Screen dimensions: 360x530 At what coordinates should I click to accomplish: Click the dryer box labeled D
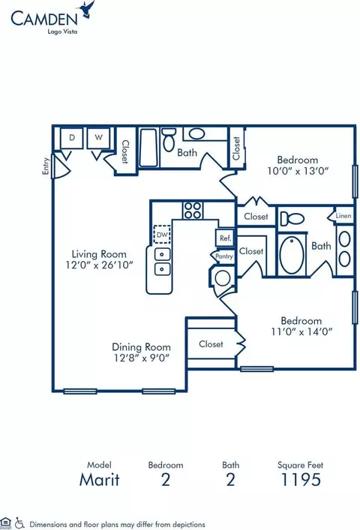click(x=72, y=138)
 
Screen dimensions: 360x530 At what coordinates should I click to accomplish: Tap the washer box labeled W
click(x=98, y=138)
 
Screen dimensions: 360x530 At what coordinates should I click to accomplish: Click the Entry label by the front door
click(x=46, y=166)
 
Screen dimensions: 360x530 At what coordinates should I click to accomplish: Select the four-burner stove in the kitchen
click(x=193, y=210)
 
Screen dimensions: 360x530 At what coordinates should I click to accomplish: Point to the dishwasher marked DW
click(x=162, y=234)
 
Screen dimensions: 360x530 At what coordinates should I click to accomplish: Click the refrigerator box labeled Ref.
click(x=225, y=238)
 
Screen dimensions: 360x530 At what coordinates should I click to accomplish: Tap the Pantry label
click(x=224, y=256)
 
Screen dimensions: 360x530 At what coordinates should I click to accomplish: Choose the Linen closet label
click(x=343, y=216)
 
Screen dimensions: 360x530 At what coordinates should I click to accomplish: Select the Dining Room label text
click(x=141, y=347)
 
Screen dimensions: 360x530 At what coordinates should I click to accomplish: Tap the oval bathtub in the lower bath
click(x=292, y=255)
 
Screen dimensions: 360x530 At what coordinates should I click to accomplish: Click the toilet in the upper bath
click(x=168, y=139)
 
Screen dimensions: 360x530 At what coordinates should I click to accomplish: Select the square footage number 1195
click(x=301, y=480)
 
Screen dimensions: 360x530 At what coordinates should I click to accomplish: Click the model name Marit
click(x=100, y=480)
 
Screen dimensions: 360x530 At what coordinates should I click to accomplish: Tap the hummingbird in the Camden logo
click(x=85, y=9)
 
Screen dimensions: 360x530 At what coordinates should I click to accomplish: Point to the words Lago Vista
click(x=62, y=31)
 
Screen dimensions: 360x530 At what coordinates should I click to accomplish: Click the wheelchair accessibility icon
click(x=19, y=523)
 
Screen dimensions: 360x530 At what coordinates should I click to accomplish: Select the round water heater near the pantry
click(x=223, y=278)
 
